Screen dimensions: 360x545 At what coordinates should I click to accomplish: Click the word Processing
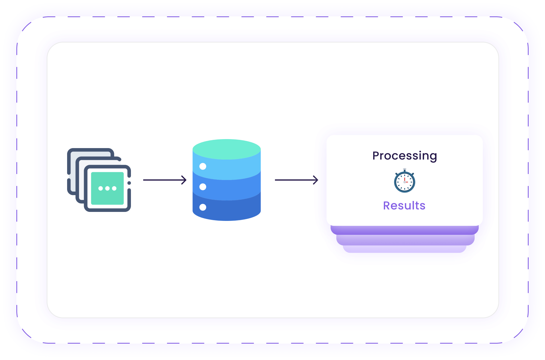pos(405,156)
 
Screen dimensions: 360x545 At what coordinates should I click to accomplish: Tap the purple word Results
pos(404,206)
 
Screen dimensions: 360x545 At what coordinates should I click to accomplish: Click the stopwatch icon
pos(405,181)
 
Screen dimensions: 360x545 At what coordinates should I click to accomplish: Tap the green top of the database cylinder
pos(227,149)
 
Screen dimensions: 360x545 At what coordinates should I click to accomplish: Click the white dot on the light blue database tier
pos(203,166)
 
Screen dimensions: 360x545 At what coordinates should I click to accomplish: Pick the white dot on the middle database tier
pos(203,187)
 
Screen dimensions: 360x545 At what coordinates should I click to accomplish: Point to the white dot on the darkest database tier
pos(203,207)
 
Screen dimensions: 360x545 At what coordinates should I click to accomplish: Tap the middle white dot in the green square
pos(107,188)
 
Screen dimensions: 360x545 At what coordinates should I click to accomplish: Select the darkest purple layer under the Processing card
pos(405,230)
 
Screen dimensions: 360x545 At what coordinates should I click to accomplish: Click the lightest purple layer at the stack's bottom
pos(405,249)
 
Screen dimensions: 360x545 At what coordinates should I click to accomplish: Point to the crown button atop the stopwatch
pos(405,169)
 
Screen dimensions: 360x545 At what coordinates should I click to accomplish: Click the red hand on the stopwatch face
pos(405,180)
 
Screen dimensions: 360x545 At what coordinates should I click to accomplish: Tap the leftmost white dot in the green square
pos(101,188)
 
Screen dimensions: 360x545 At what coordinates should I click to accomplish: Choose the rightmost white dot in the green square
pos(114,188)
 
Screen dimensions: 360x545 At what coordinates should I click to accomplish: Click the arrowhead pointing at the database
pos(184,180)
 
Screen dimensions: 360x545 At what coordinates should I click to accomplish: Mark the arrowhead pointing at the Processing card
pos(316,180)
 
